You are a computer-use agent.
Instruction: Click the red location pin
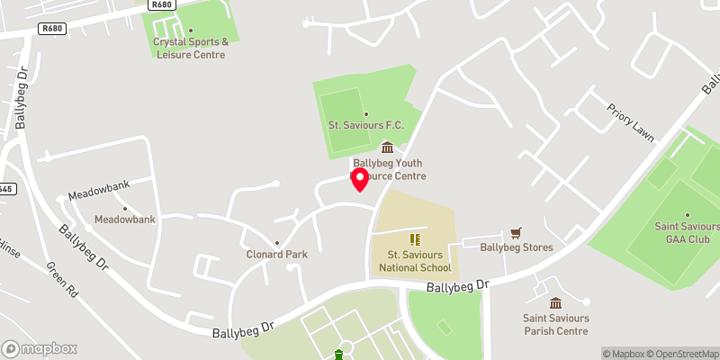[360, 178]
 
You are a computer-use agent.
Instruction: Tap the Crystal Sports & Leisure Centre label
[189, 48]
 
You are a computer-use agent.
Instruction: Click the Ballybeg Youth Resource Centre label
[389, 169]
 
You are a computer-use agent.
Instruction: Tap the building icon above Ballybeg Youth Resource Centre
[388, 148]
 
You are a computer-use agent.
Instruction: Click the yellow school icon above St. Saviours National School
[415, 238]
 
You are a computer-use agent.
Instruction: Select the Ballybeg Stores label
[516, 247]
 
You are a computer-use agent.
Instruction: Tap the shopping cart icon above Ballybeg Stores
[516, 232]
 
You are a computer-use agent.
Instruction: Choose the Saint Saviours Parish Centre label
[555, 324]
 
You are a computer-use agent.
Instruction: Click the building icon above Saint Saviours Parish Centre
[555, 302]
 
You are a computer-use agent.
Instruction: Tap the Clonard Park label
[277, 254]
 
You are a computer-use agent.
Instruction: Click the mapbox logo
[39, 348]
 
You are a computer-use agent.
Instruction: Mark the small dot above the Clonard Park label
[277, 242]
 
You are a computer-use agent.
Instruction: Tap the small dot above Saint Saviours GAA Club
[687, 214]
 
